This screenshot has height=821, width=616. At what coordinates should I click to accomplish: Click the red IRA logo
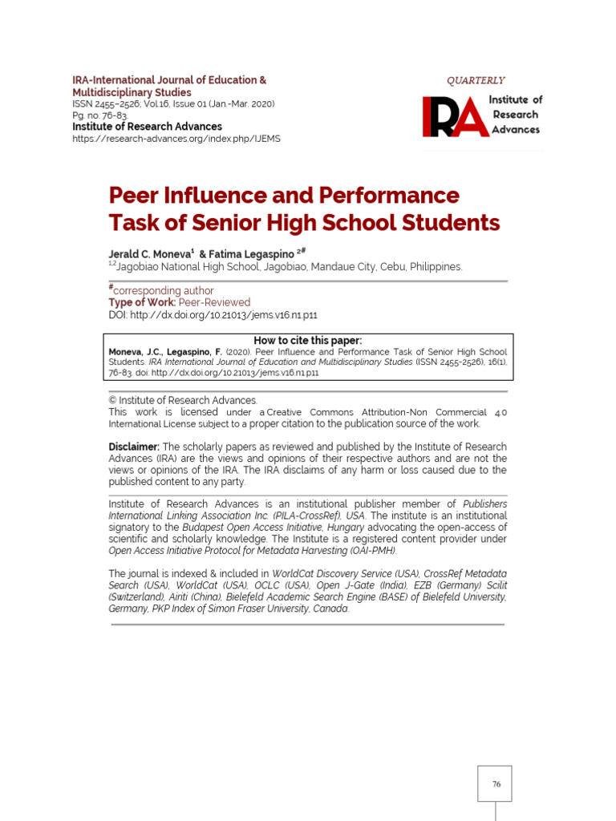456,115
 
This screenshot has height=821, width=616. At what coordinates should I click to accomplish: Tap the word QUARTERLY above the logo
476,80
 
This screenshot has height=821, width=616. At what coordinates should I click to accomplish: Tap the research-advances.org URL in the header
176,138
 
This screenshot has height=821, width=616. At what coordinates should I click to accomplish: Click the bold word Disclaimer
134,446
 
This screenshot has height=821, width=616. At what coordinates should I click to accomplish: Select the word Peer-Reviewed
214,302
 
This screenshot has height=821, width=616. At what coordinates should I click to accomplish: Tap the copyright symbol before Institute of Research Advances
112,400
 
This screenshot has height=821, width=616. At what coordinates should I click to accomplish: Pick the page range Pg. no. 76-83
100,115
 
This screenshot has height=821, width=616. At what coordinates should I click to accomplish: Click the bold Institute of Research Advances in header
148,127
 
